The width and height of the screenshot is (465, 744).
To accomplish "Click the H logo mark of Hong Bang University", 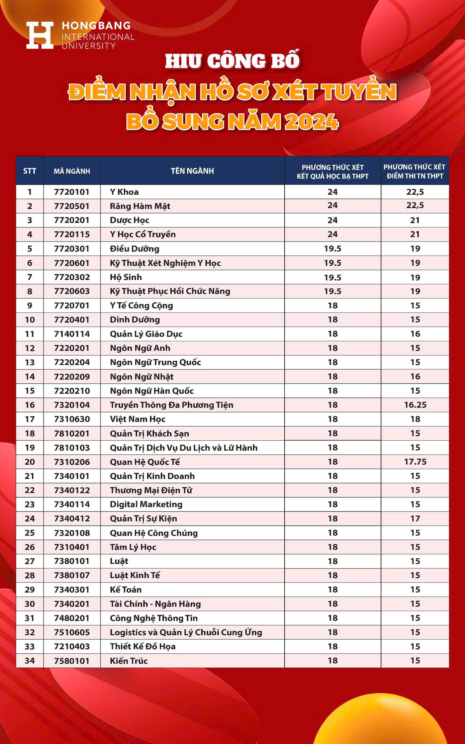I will pyautogui.click(x=40, y=35).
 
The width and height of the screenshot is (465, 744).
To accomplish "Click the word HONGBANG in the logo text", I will pyautogui.click(x=96, y=26).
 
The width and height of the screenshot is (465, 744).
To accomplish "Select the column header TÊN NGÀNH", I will pyautogui.click(x=192, y=171).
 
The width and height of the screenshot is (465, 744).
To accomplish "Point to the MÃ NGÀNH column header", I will pyautogui.click(x=72, y=171).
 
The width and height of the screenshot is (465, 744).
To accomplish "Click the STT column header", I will pyautogui.click(x=30, y=171).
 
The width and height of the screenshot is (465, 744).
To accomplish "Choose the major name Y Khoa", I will pyautogui.click(x=124, y=192).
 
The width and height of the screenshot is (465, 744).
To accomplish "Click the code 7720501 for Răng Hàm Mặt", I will pyautogui.click(x=72, y=206).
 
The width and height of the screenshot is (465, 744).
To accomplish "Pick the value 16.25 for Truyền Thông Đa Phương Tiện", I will pyautogui.click(x=415, y=405).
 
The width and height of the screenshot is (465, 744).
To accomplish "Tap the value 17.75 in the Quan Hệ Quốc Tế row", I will pyautogui.click(x=415, y=462).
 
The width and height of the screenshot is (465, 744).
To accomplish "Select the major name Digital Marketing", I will pyautogui.click(x=146, y=504).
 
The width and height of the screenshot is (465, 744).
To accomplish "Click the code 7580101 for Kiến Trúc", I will pyautogui.click(x=72, y=661).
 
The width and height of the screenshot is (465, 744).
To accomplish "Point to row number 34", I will pyautogui.click(x=30, y=661).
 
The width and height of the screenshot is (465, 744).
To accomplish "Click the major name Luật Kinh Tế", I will pyautogui.click(x=135, y=575).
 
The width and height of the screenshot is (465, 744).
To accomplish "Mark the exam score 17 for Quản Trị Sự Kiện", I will pyautogui.click(x=415, y=519).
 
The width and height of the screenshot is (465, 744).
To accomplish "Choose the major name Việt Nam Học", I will pyautogui.click(x=137, y=419).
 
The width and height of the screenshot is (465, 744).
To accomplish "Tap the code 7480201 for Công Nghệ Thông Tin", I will pyautogui.click(x=72, y=618).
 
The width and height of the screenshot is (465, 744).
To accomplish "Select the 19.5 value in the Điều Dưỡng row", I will pyautogui.click(x=333, y=249).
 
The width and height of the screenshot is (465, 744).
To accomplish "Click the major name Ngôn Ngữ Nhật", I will pyautogui.click(x=142, y=377).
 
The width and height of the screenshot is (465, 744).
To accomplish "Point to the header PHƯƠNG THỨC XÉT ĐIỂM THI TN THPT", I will pyautogui.click(x=415, y=171).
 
